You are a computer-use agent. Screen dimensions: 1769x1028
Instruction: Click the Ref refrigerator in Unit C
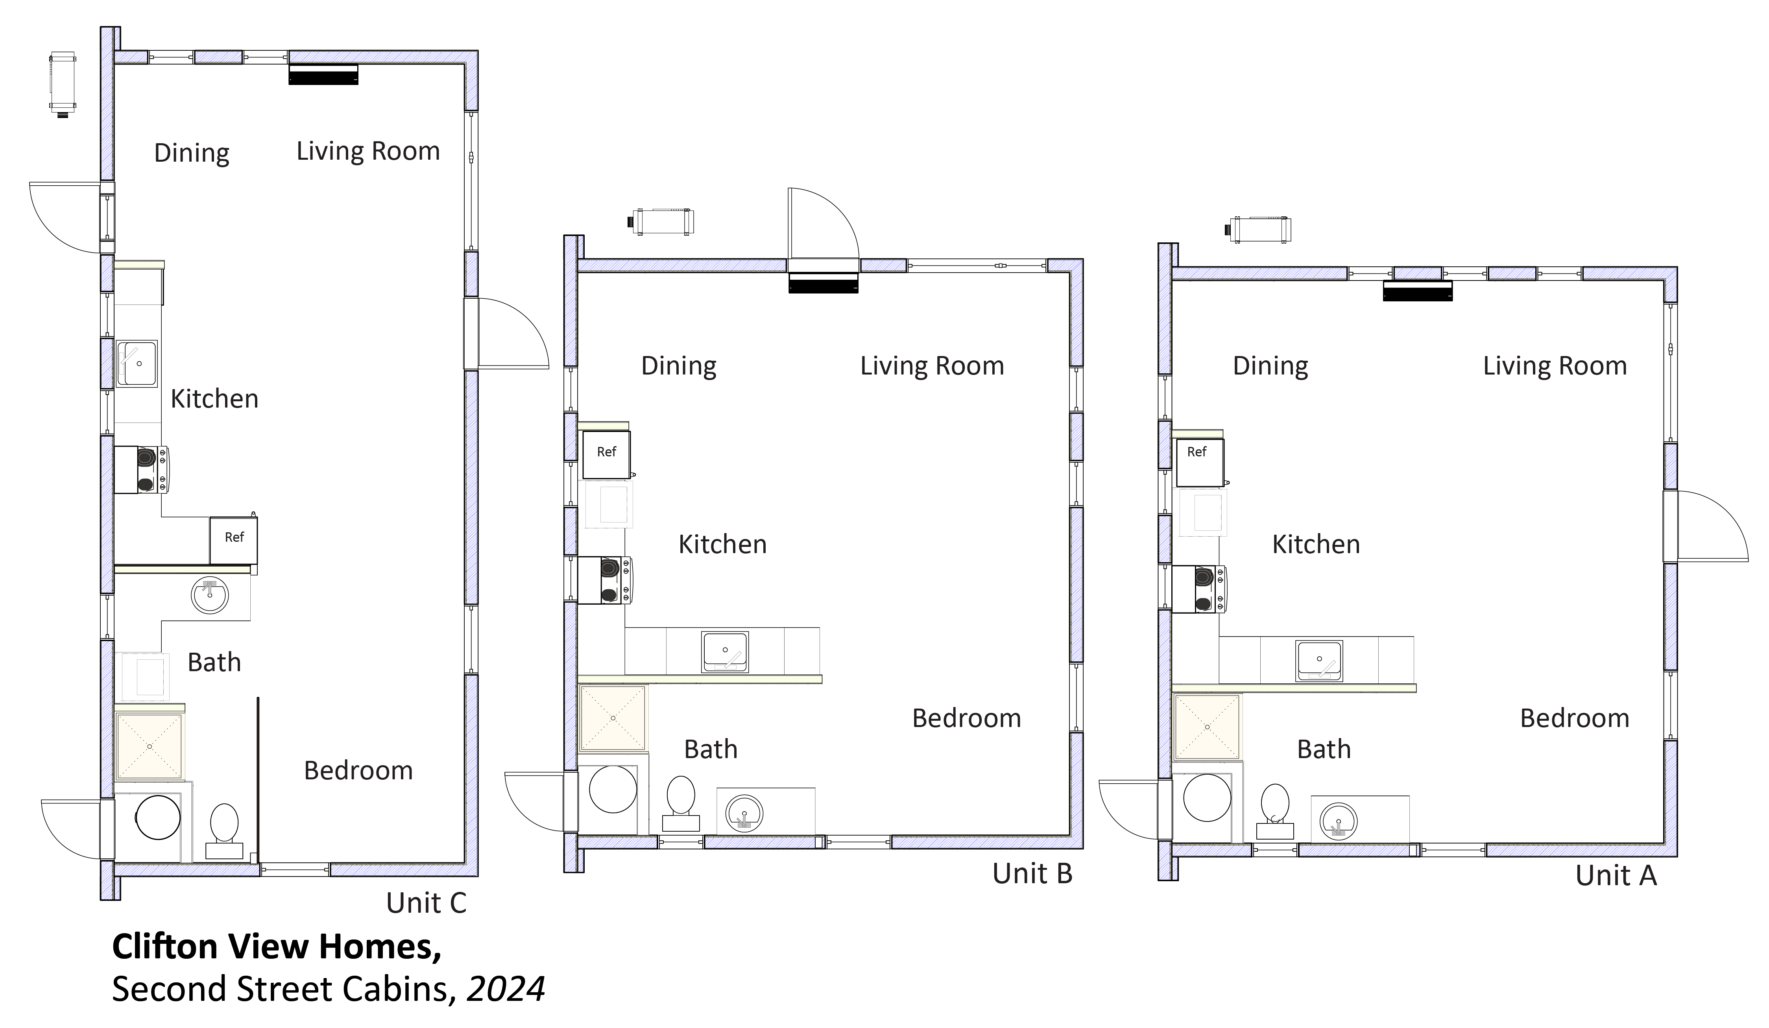tap(234, 540)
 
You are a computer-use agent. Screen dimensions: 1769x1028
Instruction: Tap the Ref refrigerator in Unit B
tap(606, 454)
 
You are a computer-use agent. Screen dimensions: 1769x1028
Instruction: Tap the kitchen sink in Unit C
tap(136, 364)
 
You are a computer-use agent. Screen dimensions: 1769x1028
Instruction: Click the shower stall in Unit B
tap(613, 718)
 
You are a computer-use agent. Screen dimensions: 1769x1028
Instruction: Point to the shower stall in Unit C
tap(150, 747)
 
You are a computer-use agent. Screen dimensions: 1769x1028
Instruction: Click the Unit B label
tap(1032, 874)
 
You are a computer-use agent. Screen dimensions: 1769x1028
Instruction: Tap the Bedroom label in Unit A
tap(1575, 718)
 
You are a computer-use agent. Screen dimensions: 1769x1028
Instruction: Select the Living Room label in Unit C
tap(368, 151)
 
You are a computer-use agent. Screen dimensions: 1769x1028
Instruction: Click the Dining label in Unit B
tap(679, 366)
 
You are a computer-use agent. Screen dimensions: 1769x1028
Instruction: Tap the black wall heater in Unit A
tap(1417, 291)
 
